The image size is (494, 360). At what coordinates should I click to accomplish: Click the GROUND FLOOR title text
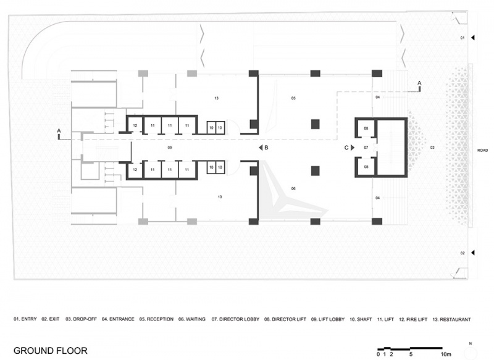point(51,351)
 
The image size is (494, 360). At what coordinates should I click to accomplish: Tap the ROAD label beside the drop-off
point(482,151)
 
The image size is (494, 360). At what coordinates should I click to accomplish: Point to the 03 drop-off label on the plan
point(432,148)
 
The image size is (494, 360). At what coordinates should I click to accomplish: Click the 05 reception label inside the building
point(293,98)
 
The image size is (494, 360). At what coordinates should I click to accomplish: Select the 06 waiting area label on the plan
point(293,189)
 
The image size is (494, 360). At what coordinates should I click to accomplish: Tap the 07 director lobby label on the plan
point(366,148)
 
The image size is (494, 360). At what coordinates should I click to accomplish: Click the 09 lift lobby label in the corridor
point(170,148)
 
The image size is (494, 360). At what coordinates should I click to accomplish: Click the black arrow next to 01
point(473,38)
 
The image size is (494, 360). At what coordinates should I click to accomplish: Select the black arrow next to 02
point(473,253)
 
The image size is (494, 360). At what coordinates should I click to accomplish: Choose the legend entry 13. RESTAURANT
point(451,319)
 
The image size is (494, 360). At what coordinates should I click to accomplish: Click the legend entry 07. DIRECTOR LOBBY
point(235,319)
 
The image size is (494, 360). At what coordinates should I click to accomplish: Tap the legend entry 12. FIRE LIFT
point(413,319)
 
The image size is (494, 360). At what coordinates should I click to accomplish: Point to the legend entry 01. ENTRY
point(25,319)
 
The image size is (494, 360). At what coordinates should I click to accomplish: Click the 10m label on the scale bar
point(446,354)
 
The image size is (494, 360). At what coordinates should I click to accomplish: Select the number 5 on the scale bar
point(411,354)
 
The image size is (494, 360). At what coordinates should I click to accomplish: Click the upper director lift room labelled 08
point(366,128)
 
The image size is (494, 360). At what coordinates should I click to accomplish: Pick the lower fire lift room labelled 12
point(135,170)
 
